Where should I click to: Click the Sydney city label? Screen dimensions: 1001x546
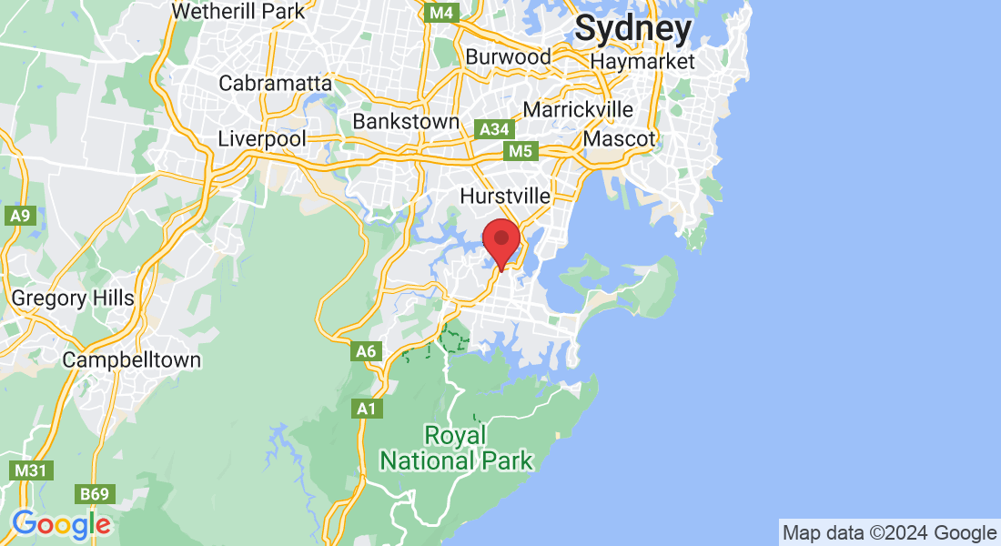click(633, 29)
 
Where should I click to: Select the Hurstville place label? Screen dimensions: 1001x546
click(505, 196)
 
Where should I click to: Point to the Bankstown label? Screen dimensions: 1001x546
click(406, 121)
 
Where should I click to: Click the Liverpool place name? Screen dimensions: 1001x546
click(262, 139)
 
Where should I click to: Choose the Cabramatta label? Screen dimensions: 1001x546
click(276, 83)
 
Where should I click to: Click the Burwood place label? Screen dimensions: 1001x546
click(508, 56)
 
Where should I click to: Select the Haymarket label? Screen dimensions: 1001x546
click(642, 62)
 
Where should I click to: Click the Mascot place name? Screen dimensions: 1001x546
click(620, 139)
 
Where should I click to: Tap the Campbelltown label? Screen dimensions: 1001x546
click(132, 359)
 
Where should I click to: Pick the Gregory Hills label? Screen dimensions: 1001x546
click(73, 298)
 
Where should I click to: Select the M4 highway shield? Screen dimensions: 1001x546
click(442, 13)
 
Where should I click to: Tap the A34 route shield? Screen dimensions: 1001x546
click(494, 129)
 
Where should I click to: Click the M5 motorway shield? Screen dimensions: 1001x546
click(520, 151)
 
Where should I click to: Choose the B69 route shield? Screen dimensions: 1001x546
click(94, 494)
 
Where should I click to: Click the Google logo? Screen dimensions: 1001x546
click(62, 524)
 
